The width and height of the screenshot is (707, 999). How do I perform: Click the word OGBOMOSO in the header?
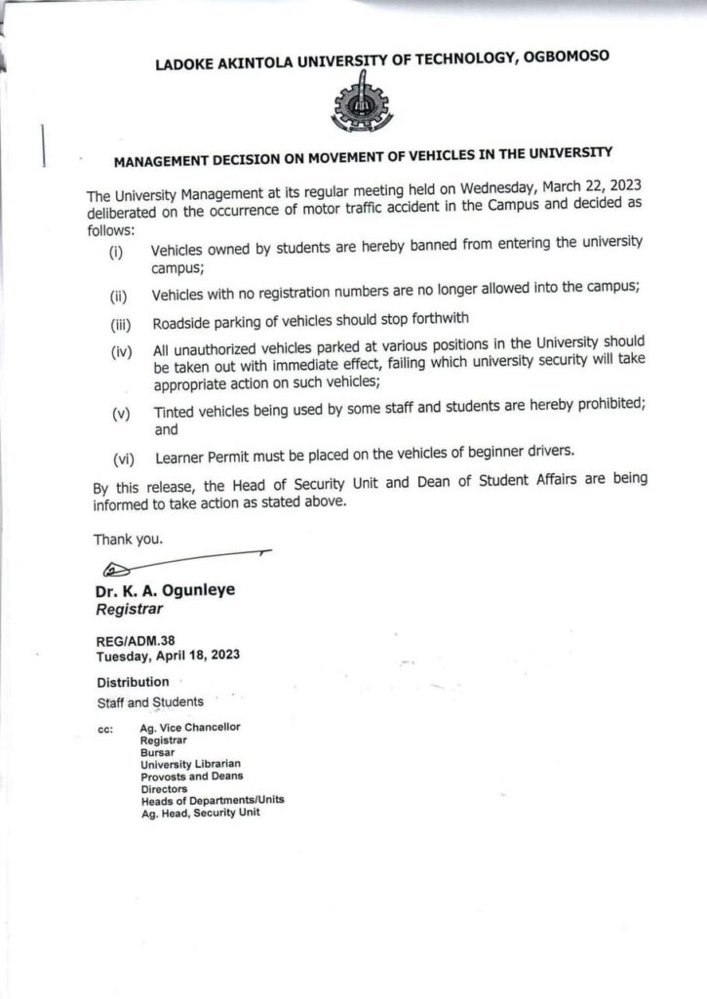pos(563,58)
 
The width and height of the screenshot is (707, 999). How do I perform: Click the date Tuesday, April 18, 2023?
pos(168,657)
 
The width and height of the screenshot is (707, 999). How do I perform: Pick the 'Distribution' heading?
pos(132,681)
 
